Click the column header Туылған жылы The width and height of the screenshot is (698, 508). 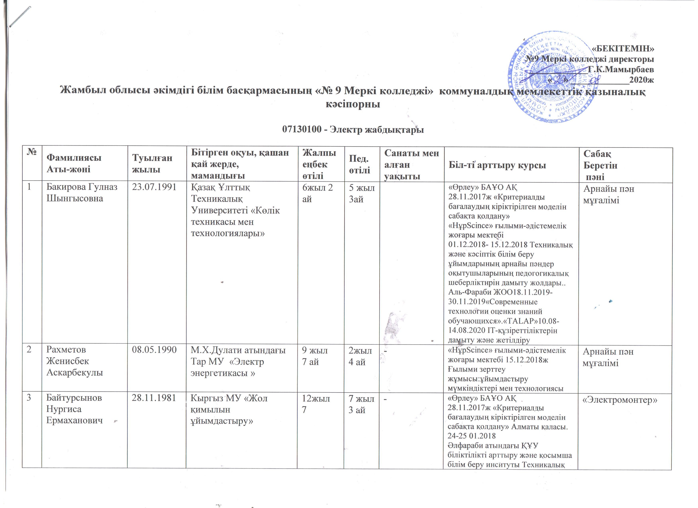click(x=152, y=164)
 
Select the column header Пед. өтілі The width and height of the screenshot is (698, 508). click(x=359, y=164)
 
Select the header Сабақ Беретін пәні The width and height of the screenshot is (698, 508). click(x=600, y=165)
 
